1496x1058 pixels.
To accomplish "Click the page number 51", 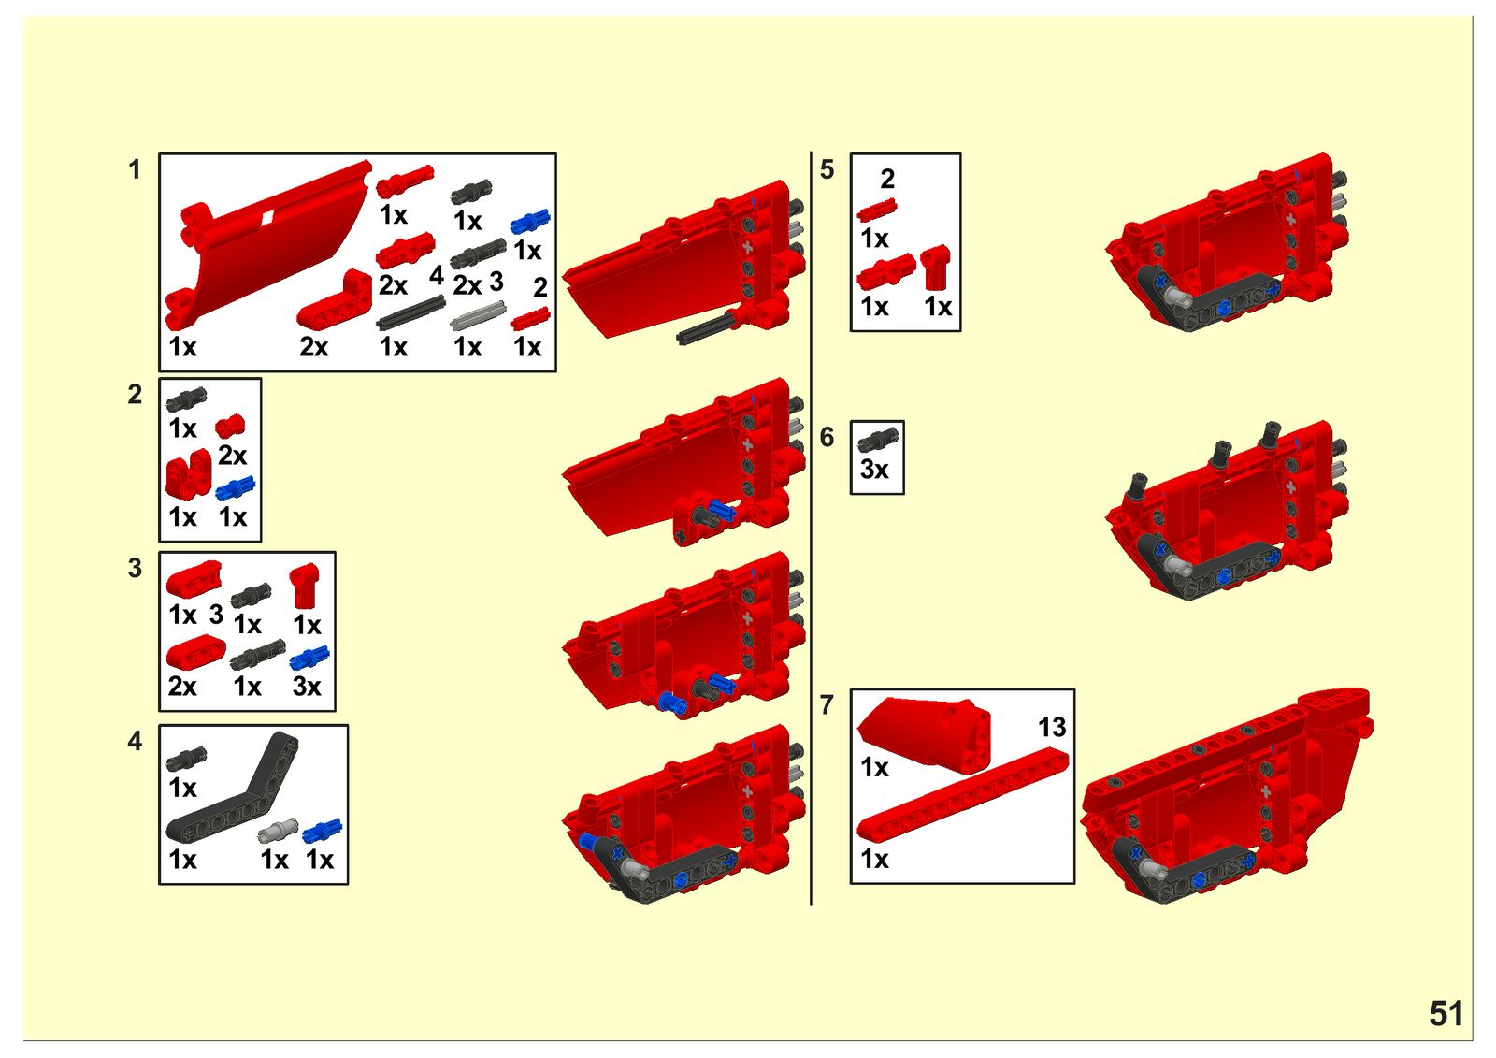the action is click(x=1446, y=1013).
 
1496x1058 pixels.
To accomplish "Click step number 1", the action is click(x=135, y=169).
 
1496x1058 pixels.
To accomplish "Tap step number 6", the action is click(x=827, y=438).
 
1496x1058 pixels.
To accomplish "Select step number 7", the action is click(x=827, y=705).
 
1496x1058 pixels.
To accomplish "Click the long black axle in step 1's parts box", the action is click(x=410, y=313).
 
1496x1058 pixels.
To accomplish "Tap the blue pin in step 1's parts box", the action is click(x=530, y=221).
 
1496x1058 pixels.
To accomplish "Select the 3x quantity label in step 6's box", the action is click(x=874, y=470).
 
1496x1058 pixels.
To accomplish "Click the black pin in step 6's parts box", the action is click(x=878, y=438).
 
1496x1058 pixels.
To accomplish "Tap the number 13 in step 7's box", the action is click(x=1052, y=727).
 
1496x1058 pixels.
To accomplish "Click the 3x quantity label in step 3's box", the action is click(x=307, y=687).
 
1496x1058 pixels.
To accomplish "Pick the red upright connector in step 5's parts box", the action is click(x=935, y=268).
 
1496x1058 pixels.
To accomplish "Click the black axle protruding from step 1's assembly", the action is click(x=705, y=326).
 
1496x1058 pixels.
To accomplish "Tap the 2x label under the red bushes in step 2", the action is click(x=233, y=456).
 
